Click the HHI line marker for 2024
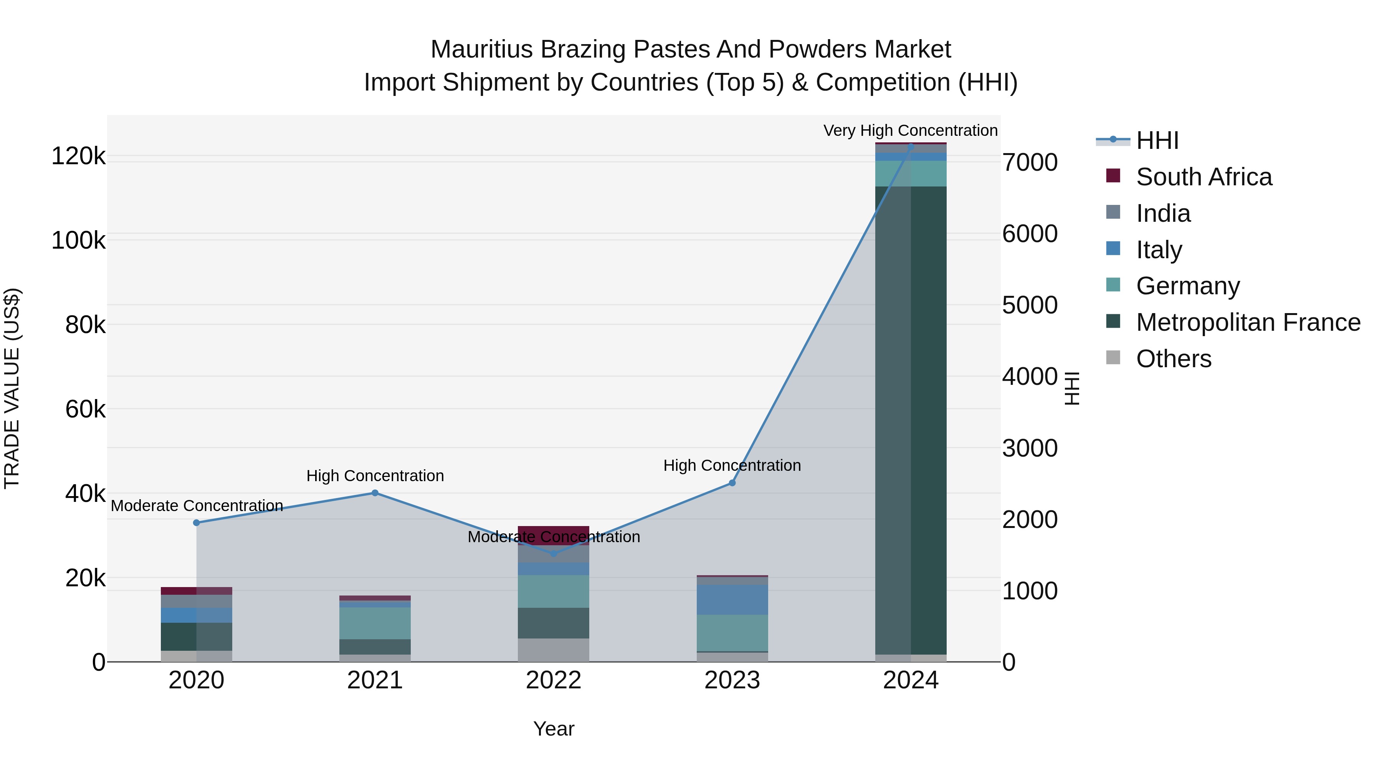tap(911, 146)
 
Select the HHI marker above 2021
tap(375, 493)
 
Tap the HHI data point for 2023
tap(732, 483)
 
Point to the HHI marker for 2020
tap(196, 522)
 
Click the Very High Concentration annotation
tap(911, 130)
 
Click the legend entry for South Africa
tap(1203, 177)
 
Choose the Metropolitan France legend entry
tap(1248, 322)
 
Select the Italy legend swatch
tap(1113, 249)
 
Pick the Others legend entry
tap(1173, 359)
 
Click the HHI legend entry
tap(1157, 140)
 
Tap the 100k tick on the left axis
tap(78, 240)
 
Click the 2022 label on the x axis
tap(553, 680)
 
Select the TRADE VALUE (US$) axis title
tap(12, 388)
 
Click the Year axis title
tap(553, 729)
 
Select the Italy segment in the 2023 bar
tap(732, 599)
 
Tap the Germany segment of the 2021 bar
tap(375, 623)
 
